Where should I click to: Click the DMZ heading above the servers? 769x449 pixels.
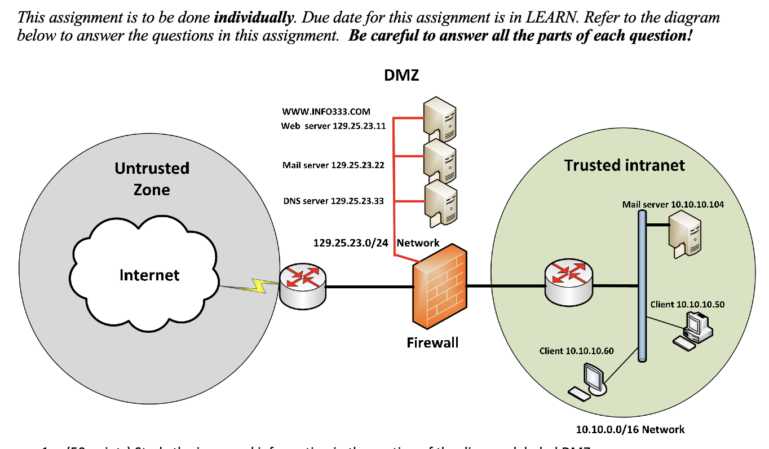401,75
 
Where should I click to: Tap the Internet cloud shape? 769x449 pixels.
149,275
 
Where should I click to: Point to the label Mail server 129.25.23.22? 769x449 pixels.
333,165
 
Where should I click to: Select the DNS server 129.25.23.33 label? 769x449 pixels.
333,201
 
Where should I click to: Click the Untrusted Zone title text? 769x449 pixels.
152,178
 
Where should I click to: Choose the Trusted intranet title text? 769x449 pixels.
624,165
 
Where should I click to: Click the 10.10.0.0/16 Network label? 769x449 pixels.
630,429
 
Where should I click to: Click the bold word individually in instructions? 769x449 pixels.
254,17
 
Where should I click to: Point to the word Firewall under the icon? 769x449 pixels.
432,342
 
